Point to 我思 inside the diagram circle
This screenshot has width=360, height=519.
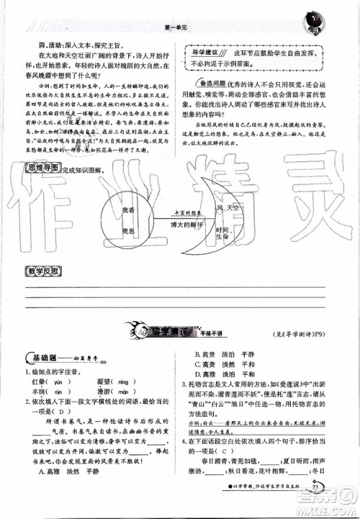(129, 230)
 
